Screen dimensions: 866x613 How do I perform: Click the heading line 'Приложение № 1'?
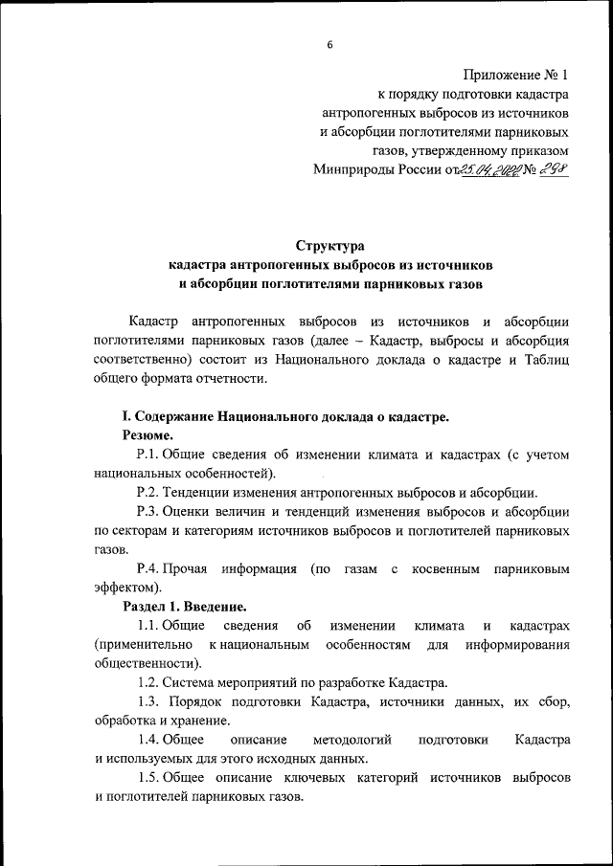click(x=515, y=74)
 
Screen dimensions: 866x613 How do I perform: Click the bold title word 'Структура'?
click(x=330, y=245)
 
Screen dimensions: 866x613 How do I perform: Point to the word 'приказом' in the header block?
click(x=543, y=150)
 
